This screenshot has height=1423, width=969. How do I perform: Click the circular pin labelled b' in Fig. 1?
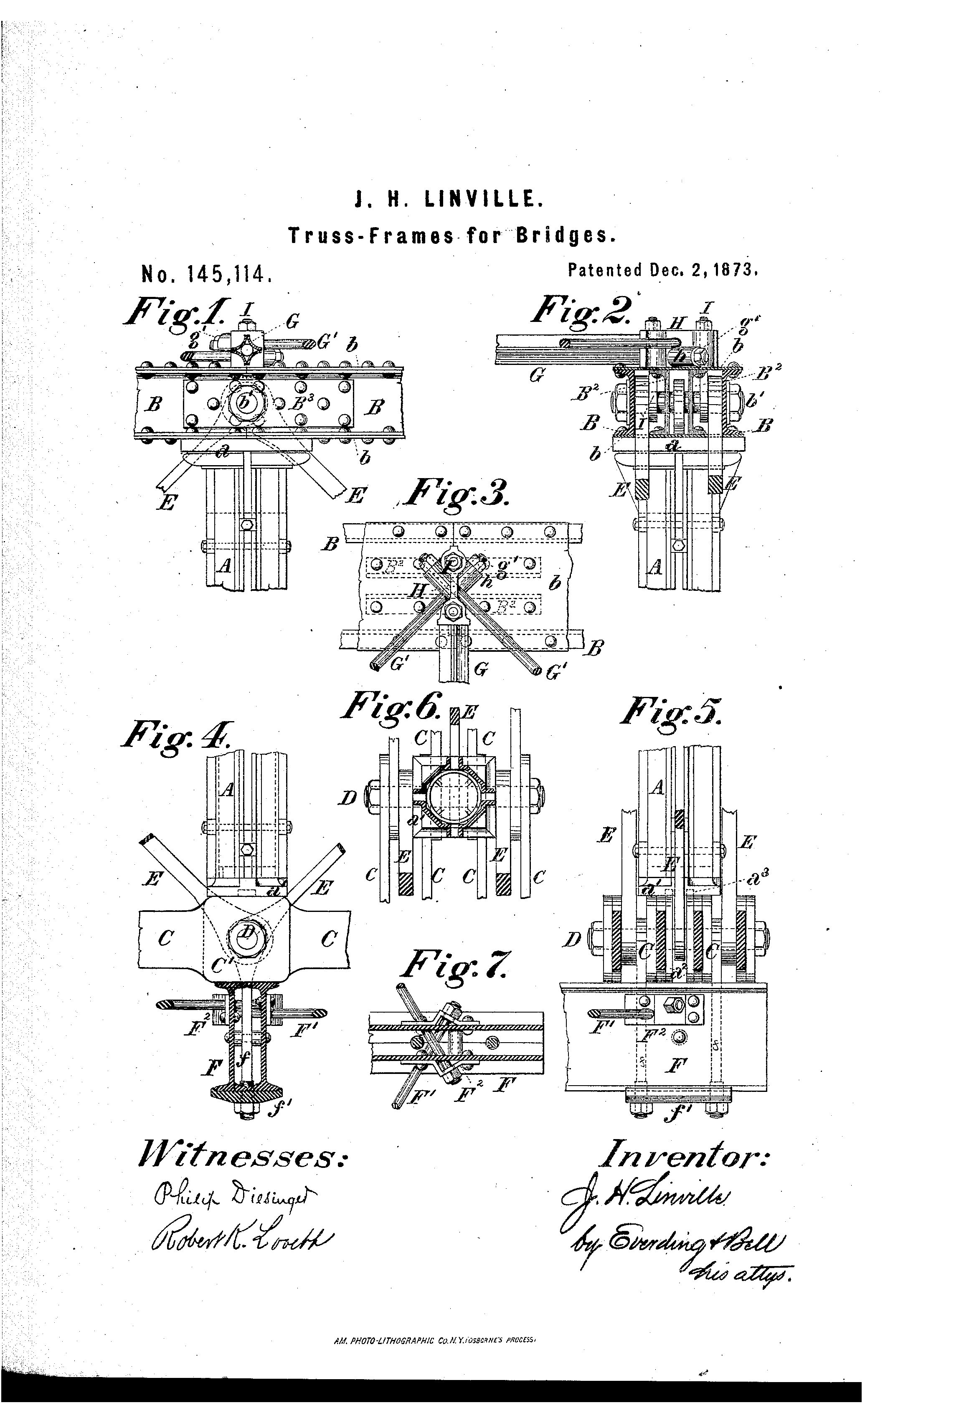(x=245, y=402)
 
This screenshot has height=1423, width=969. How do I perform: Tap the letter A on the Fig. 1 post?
(x=225, y=566)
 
